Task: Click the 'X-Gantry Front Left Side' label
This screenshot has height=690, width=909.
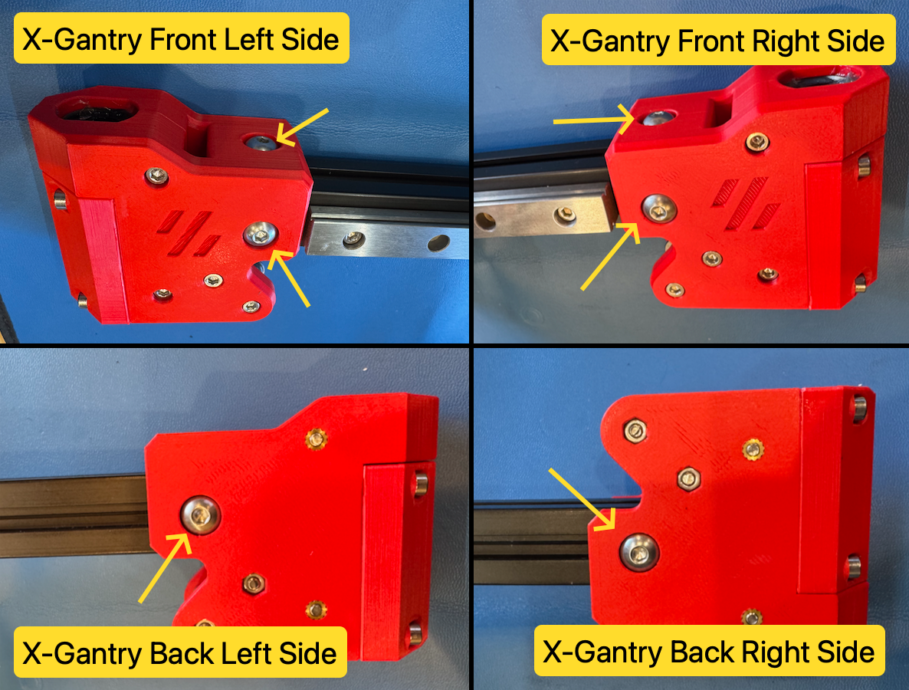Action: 182,38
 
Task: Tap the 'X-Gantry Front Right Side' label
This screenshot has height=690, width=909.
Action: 717,40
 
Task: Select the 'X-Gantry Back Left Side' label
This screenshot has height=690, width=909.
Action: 180,652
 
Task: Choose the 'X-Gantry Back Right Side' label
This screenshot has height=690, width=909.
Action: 709,651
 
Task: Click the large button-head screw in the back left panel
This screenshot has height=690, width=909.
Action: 200,514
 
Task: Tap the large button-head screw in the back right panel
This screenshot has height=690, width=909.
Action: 639,552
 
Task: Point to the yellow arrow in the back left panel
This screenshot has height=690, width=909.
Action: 166,567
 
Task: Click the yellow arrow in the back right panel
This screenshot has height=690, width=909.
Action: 582,499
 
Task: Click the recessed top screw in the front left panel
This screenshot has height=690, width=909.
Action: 261,142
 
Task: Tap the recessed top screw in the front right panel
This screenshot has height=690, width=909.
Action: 658,118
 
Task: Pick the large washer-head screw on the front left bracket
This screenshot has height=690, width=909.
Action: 261,234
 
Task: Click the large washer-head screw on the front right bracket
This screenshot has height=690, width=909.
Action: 659,209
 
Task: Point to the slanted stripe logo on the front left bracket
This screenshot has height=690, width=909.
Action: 188,233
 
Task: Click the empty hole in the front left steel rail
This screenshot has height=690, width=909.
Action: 439,243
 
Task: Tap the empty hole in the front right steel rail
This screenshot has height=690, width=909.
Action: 484,222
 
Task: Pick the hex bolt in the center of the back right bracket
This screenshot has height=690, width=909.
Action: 689,479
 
